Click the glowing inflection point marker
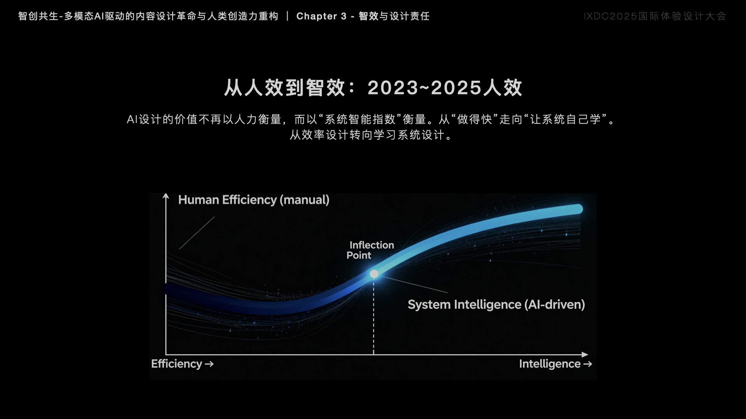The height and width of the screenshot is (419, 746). (374, 274)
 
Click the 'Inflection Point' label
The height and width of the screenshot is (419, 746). (370, 250)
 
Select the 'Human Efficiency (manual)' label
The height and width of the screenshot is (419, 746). (254, 200)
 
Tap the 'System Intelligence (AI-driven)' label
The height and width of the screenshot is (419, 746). (496, 305)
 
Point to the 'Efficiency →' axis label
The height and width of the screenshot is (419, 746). (182, 364)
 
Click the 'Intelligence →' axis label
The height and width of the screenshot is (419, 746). (555, 364)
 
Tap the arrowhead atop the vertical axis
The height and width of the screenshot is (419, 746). (166, 197)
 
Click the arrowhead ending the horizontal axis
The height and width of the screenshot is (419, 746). (585, 355)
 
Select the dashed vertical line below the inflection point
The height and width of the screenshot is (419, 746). (373, 316)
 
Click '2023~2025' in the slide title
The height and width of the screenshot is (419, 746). (425, 88)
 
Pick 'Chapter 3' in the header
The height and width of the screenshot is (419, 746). (321, 16)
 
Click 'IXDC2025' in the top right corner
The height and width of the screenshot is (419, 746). (610, 16)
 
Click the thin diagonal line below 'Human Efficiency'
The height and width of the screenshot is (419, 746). (197, 233)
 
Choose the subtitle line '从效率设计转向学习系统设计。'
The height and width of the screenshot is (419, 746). (372, 135)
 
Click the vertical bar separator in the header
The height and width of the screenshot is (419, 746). (288, 16)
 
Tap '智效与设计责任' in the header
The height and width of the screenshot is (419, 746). (394, 16)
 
